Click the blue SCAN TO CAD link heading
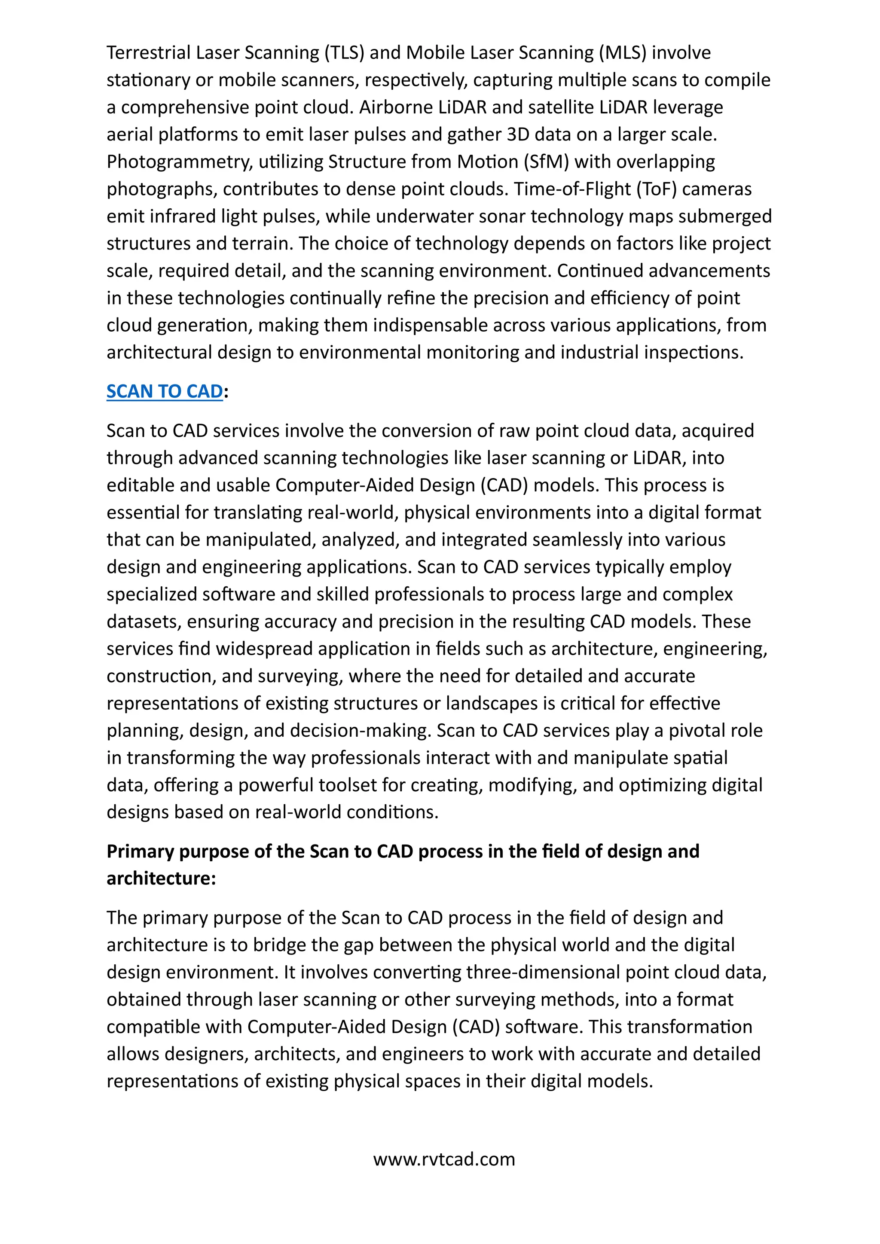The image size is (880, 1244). coord(165,391)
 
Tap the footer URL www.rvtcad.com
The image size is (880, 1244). coord(444,1159)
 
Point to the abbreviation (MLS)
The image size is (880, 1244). coord(623,52)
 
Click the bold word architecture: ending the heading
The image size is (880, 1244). coord(161,878)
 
